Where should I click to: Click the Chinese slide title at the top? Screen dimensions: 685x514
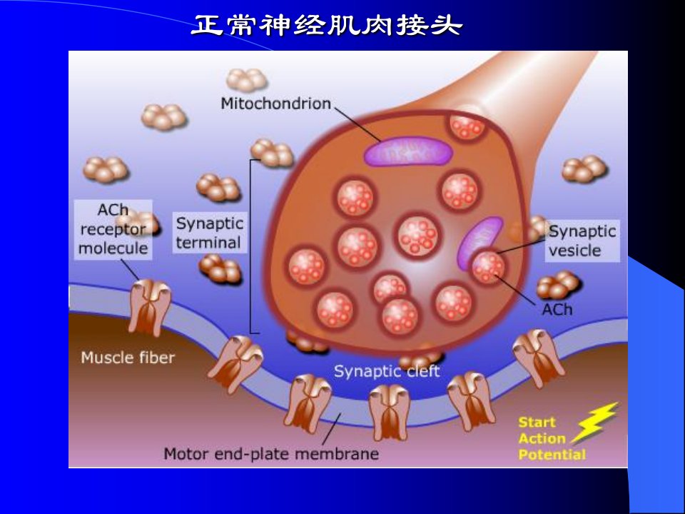point(327,25)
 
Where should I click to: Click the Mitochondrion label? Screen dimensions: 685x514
point(275,104)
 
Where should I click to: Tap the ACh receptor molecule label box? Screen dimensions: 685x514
point(113,229)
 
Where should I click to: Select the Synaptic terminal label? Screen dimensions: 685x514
point(210,233)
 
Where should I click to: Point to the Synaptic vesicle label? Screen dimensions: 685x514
point(582,241)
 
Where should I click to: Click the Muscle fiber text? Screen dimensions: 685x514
point(128,358)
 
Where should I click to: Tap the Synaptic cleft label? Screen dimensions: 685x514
point(387,371)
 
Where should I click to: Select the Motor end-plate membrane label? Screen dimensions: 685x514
point(271,454)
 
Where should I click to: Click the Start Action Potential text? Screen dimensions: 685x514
point(552,438)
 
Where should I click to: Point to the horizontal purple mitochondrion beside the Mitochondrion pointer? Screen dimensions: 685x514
point(408,151)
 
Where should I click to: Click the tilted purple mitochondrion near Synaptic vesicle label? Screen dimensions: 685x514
point(479,243)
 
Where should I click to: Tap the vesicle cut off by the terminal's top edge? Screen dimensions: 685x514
point(467,126)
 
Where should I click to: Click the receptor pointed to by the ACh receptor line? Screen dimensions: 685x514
point(149,307)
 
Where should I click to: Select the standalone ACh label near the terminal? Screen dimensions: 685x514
point(557,309)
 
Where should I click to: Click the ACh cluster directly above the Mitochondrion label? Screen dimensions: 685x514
point(248,80)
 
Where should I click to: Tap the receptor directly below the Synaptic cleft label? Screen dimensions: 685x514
point(390,412)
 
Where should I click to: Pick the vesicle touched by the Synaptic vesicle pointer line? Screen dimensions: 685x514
point(488,266)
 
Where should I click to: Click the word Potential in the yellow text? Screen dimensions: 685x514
point(552,455)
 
